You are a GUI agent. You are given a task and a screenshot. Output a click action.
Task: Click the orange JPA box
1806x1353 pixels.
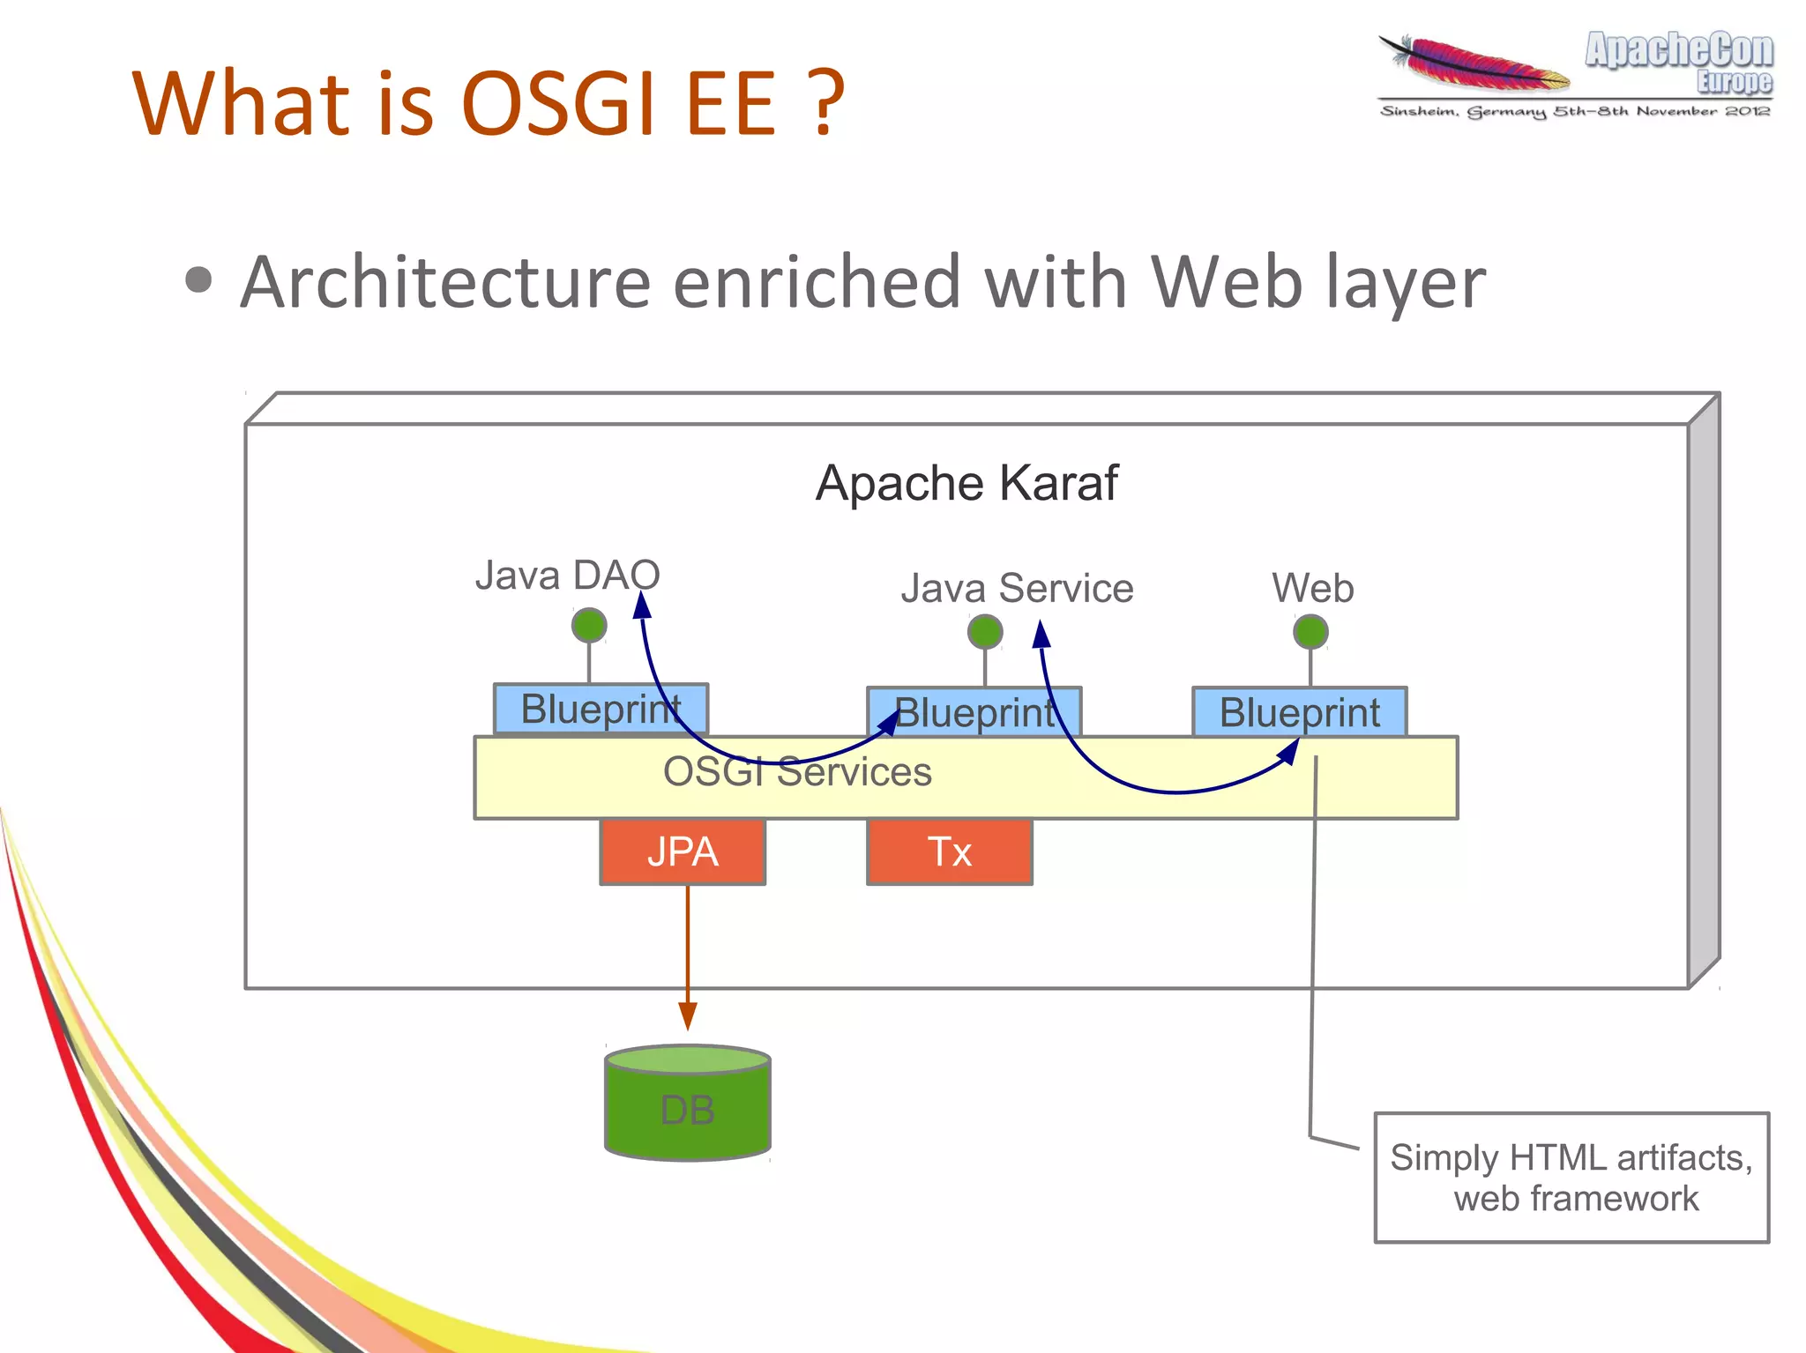click(x=683, y=851)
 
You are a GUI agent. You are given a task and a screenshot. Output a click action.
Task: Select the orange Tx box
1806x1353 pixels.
click(x=949, y=851)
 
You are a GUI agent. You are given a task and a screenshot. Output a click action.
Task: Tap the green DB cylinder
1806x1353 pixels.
click(x=688, y=1106)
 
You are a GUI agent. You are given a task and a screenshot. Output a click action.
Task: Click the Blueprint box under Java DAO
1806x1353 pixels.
click(x=600, y=709)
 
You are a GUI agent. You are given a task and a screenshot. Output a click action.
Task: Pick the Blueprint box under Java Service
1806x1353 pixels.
click(x=974, y=712)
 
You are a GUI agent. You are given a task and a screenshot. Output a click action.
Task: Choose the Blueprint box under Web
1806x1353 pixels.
click(x=1299, y=712)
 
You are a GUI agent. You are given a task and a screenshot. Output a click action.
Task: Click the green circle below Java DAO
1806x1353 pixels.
click(x=589, y=626)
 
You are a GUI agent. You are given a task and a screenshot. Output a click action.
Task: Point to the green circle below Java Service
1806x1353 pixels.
click(x=985, y=632)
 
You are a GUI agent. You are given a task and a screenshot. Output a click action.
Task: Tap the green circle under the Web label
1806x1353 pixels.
click(x=1310, y=632)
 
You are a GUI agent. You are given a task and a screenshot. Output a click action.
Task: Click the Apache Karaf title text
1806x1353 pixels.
click(x=966, y=483)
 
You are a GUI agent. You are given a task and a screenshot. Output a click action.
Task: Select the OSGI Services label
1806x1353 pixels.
click(x=797, y=772)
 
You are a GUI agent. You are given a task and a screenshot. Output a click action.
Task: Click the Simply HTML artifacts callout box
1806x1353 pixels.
click(x=1571, y=1178)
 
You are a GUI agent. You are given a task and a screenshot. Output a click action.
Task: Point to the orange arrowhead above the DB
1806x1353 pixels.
click(x=688, y=1016)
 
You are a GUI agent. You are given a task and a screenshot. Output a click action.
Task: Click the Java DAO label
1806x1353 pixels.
click(x=567, y=576)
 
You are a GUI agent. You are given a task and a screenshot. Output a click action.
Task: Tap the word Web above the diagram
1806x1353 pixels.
click(x=1312, y=588)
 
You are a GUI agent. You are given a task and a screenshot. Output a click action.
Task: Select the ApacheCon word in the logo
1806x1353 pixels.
click(x=1678, y=50)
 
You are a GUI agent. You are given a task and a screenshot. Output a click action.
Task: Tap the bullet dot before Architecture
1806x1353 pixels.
click(x=199, y=280)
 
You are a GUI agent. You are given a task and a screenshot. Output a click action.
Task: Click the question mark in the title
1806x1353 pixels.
click(x=826, y=104)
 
